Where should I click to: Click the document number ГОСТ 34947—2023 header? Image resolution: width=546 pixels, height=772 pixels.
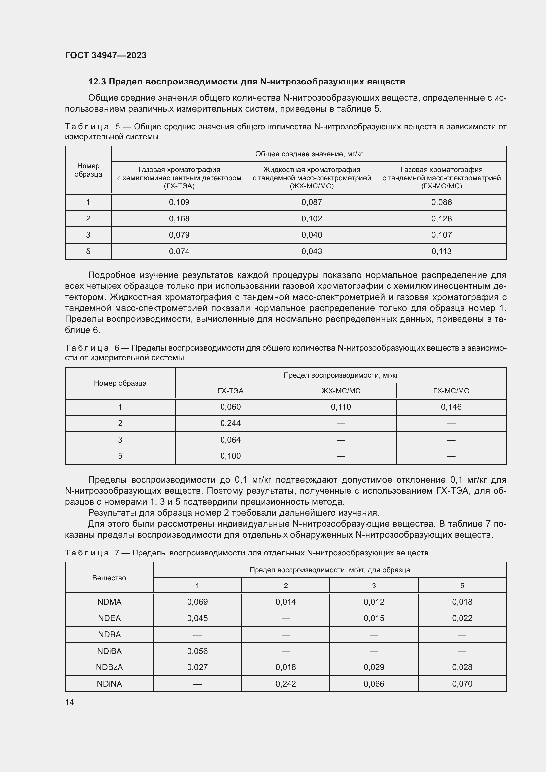[106, 55]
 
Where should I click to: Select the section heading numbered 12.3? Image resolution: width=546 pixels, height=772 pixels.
[247, 82]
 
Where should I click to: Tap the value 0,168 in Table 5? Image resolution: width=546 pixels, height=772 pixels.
[179, 218]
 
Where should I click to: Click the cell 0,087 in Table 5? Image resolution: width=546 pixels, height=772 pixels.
[311, 202]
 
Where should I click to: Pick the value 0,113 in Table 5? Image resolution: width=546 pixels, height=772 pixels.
[441, 251]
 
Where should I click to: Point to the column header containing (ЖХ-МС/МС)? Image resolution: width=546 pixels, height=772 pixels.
[311, 178]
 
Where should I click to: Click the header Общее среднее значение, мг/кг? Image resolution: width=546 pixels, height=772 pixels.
[309, 154]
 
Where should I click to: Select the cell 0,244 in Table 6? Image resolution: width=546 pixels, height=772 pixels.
[230, 423]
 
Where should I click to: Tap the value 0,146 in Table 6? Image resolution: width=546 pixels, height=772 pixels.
[451, 407]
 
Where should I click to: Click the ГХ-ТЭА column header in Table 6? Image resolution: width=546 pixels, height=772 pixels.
[230, 391]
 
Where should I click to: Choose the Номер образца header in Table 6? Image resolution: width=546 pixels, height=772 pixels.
[120, 383]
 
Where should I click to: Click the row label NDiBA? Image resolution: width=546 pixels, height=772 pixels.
[109, 651]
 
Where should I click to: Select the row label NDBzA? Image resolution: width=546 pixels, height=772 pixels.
[109, 667]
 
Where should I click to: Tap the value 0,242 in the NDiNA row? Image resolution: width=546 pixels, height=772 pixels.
[286, 684]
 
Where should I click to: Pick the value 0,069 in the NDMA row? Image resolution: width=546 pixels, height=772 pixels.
[197, 602]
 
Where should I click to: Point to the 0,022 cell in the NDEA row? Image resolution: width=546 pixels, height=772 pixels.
[462, 618]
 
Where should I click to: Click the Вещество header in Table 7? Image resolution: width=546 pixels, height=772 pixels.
[109, 578]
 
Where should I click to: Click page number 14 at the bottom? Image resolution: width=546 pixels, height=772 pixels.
[70, 702]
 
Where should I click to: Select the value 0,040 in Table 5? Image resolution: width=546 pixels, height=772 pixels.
[311, 235]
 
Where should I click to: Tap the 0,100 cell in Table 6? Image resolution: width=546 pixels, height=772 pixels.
[230, 456]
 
